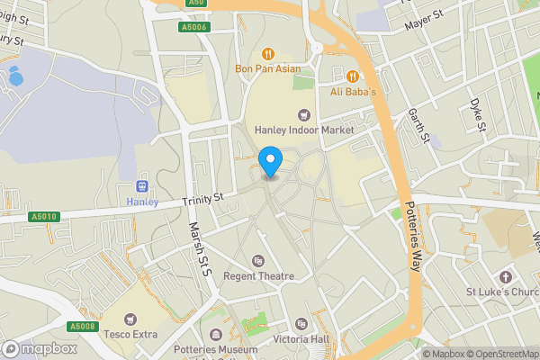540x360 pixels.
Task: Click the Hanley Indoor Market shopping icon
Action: [303, 114]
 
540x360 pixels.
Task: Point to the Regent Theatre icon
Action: [259, 261]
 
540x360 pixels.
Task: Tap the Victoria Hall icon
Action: [301, 323]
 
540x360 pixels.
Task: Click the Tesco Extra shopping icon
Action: [130, 319]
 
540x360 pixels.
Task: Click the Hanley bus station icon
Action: [141, 185]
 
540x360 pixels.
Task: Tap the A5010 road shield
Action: [43, 217]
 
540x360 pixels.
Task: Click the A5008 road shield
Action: [82, 326]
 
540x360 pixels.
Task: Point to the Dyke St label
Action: [476, 114]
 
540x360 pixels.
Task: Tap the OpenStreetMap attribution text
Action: [501, 354]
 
